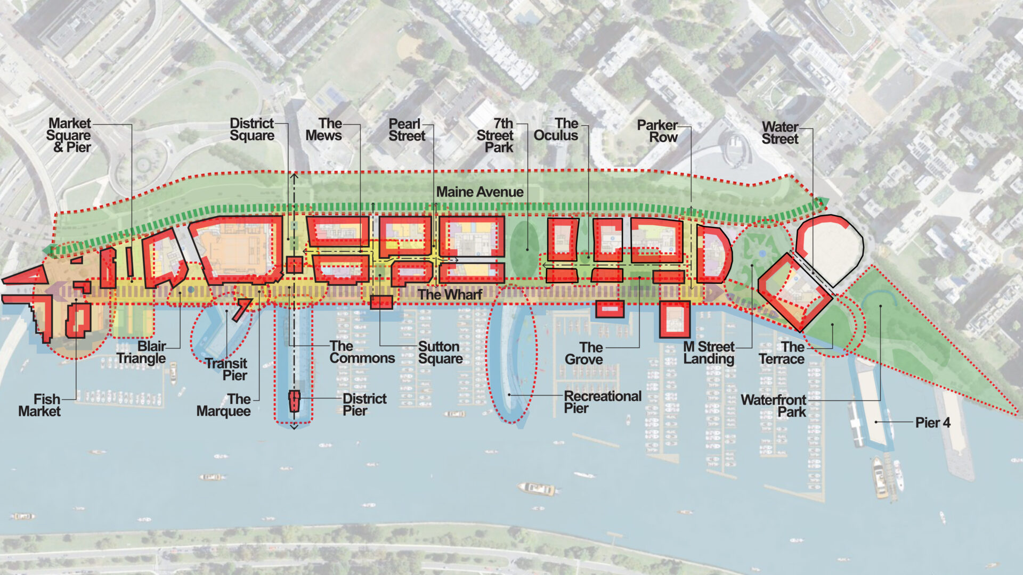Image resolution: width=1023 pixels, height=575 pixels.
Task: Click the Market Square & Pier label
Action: (x=69, y=135)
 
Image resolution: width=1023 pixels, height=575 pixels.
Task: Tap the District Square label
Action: (x=251, y=129)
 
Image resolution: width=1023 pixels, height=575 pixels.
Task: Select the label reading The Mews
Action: (x=324, y=129)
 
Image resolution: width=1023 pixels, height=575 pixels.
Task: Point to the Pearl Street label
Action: (x=407, y=130)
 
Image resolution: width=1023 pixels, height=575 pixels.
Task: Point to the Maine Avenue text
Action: (x=480, y=192)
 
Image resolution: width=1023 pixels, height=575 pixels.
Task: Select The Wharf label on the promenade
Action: (x=450, y=294)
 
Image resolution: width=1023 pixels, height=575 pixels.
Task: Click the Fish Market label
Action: (x=39, y=405)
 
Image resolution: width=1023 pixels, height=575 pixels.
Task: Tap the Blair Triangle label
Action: (x=141, y=352)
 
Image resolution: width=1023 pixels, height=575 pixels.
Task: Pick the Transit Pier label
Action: (x=226, y=369)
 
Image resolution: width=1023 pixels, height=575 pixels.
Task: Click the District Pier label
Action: (x=364, y=404)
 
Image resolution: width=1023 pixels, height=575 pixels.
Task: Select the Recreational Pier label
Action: (x=602, y=402)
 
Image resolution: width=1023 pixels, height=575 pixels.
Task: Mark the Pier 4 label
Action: (x=932, y=423)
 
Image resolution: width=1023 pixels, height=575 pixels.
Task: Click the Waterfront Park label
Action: (x=774, y=406)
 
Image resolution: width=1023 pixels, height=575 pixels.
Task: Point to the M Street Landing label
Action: (x=709, y=352)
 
